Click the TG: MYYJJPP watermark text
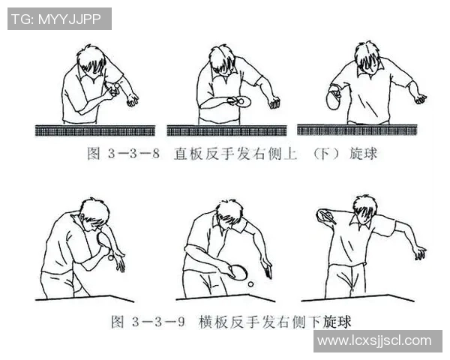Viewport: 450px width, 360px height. point(56,19)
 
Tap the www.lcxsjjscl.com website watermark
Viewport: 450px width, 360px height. point(374,340)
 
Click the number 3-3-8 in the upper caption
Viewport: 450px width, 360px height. point(133,154)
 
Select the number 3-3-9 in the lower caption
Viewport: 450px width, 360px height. point(158,322)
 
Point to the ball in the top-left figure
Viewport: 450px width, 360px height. point(117,87)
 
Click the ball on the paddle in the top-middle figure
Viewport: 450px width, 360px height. point(241,101)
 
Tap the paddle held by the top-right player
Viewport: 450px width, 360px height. point(333,99)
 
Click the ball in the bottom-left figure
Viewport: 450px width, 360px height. point(111,258)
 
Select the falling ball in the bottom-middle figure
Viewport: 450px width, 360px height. point(250,284)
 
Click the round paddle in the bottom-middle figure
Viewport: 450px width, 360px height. point(238,272)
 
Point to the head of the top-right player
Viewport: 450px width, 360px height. point(367,58)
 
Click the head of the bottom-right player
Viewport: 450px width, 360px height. point(364,208)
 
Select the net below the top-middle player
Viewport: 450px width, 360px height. point(226,130)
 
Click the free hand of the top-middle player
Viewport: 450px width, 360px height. point(274,103)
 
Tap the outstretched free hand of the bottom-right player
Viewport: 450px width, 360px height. point(420,253)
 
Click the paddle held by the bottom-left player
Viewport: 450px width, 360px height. point(103,240)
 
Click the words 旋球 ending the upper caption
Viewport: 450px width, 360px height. point(363,154)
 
